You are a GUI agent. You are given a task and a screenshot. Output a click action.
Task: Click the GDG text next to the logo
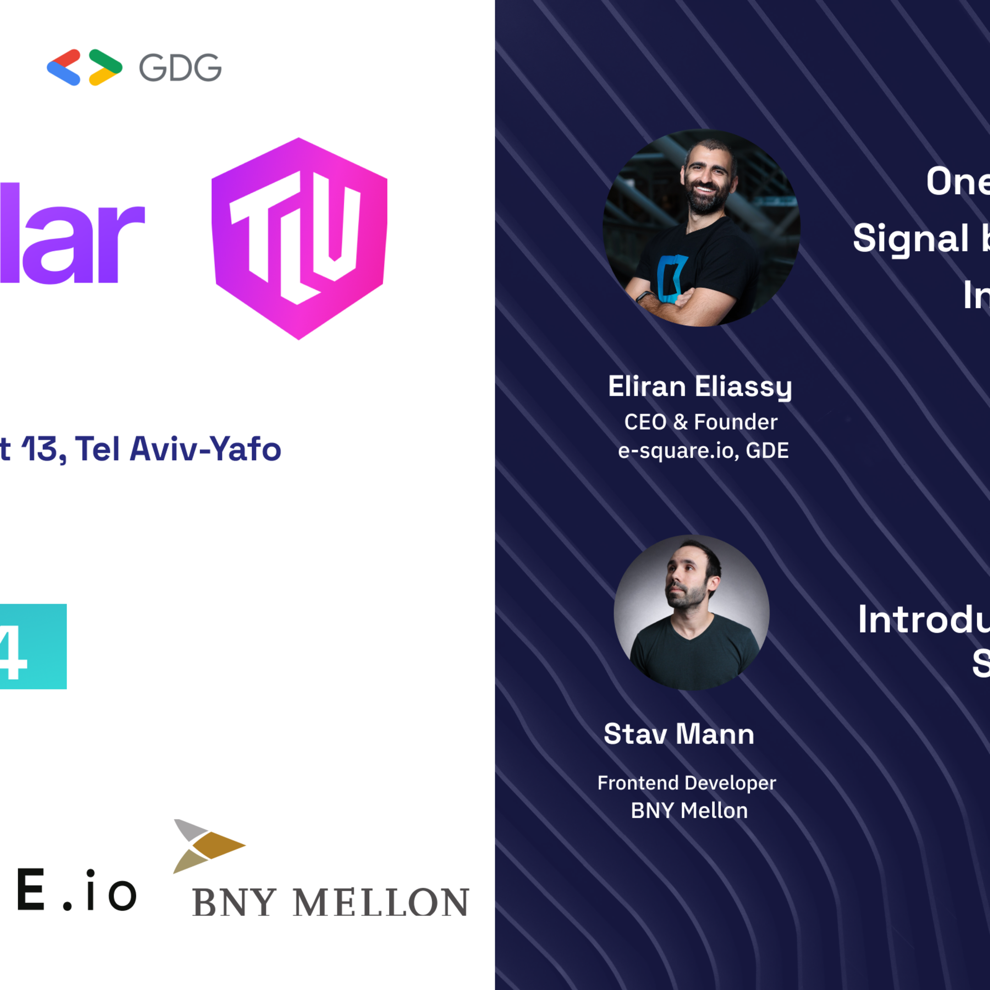tap(181, 68)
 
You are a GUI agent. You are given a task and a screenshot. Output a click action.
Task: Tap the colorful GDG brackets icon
tap(84, 67)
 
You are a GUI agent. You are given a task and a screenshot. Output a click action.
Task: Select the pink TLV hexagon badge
tap(299, 238)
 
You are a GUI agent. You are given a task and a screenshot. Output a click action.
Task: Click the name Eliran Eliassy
tap(700, 387)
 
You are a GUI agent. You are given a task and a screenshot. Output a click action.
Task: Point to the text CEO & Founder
tap(700, 422)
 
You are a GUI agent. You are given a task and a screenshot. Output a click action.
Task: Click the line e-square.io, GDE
tap(703, 451)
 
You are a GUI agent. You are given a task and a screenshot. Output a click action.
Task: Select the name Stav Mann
tap(679, 734)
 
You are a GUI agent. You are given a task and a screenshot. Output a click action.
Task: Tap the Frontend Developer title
tap(687, 783)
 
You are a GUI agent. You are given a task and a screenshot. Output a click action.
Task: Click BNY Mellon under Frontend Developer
tap(689, 811)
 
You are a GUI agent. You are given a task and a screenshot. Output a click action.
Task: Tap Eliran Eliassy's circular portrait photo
tap(701, 228)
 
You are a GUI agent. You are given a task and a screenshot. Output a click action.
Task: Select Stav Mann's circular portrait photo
tap(691, 612)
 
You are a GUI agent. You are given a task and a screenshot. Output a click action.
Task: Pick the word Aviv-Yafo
tap(205, 449)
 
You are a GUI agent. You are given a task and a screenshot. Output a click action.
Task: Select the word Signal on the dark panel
tap(911, 239)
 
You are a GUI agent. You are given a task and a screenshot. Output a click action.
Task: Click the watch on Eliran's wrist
tap(644, 297)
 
